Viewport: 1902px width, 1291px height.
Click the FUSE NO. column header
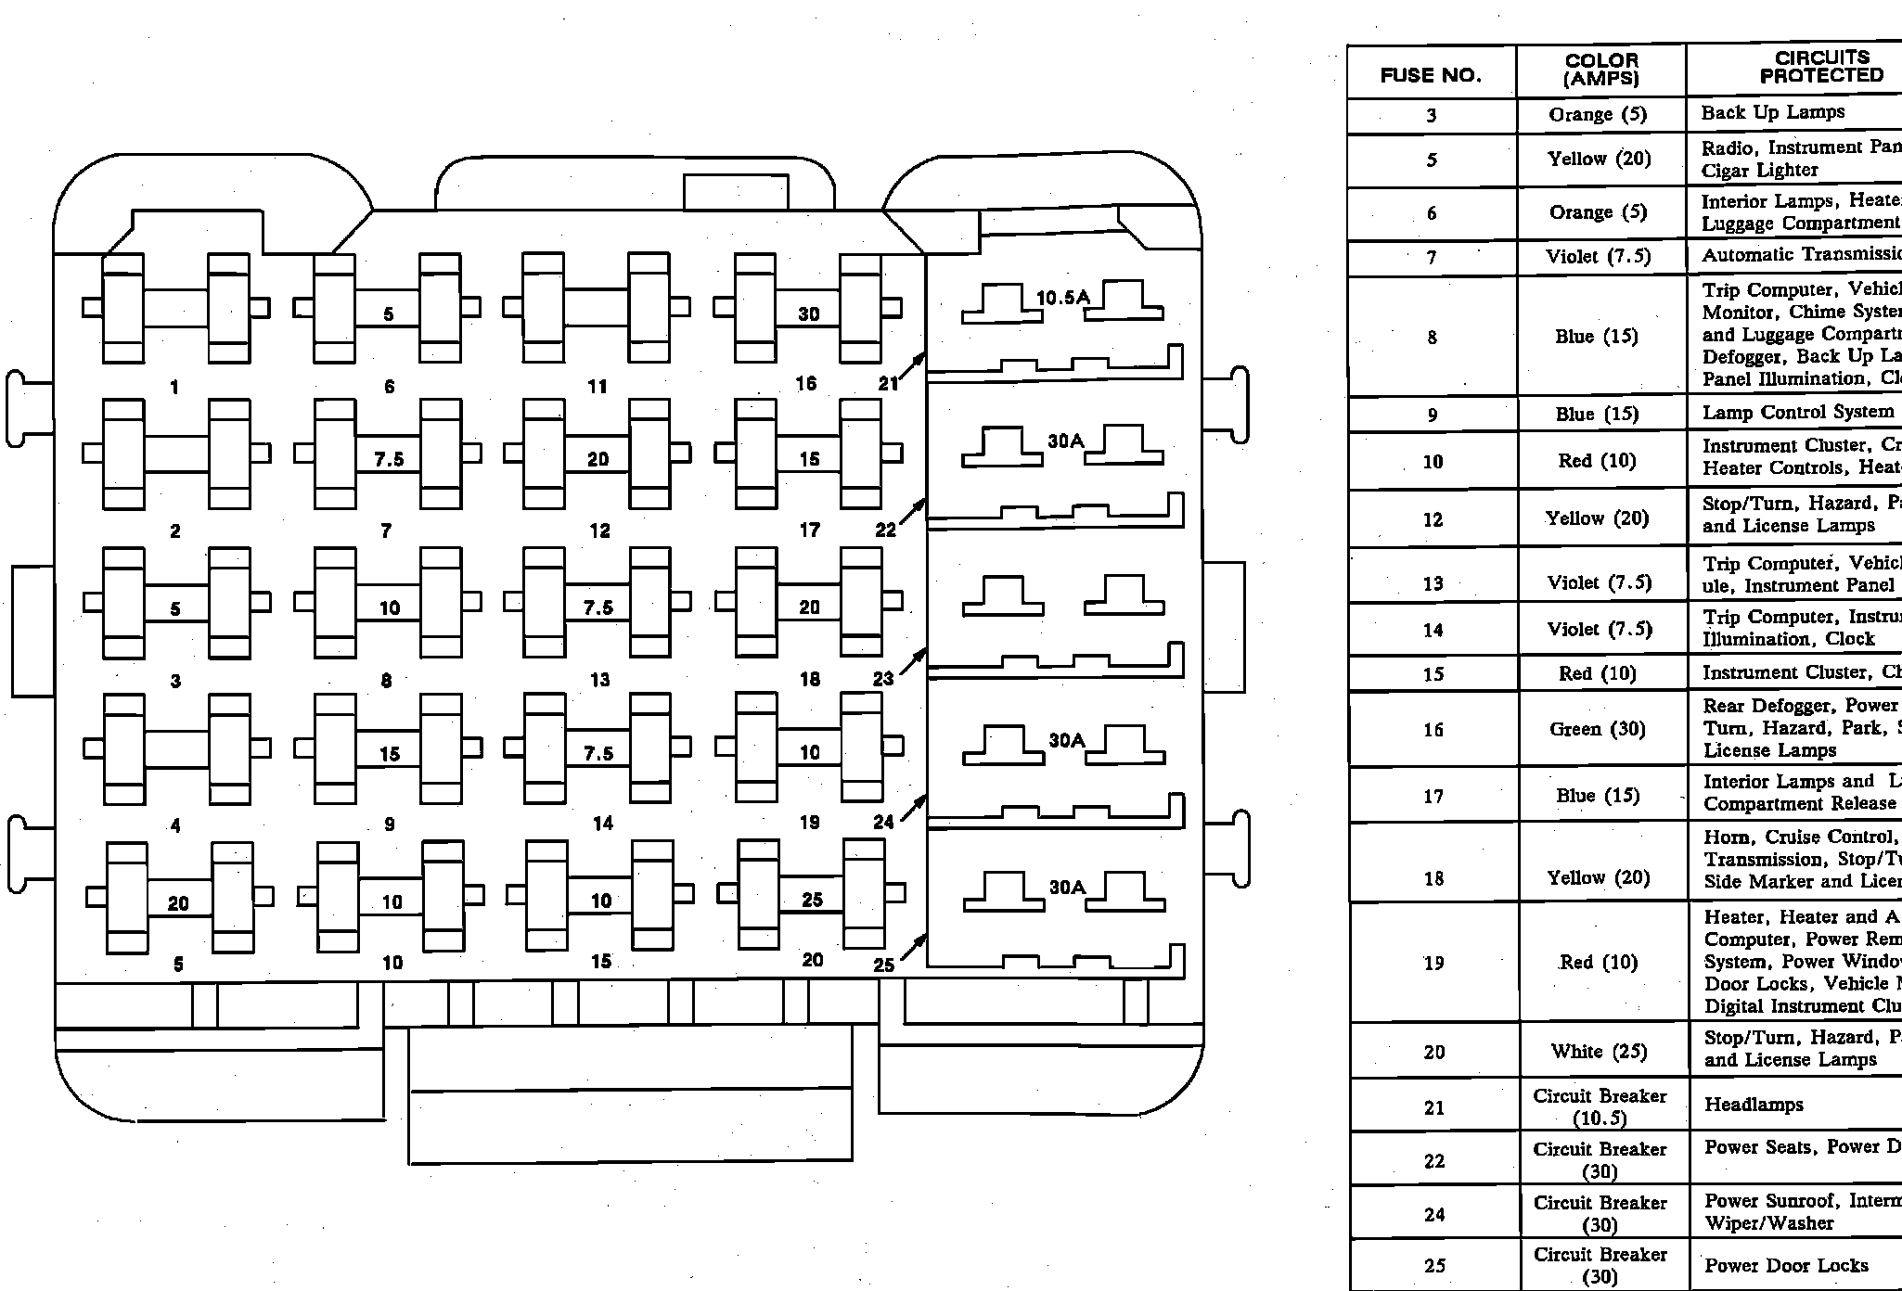click(1431, 76)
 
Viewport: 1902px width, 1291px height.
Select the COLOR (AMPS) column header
click(1601, 70)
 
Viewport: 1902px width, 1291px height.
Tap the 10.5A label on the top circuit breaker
click(1062, 298)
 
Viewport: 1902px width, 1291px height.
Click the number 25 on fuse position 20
click(812, 900)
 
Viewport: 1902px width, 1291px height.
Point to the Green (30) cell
click(1598, 730)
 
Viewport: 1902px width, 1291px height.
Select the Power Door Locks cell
click(1786, 1266)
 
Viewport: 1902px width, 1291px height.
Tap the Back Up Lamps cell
click(1772, 112)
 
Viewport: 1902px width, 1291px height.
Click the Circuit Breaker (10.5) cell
click(1600, 1106)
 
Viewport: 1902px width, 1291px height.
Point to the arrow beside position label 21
click(914, 365)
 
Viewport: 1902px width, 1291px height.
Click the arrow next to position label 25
click(914, 948)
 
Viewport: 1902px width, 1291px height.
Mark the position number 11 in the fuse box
click(598, 387)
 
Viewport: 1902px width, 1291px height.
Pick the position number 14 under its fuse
click(603, 823)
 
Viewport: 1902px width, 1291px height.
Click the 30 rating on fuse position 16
click(809, 314)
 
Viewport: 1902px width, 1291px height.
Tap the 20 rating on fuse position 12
click(598, 459)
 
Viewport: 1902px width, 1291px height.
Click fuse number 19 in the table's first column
click(1433, 964)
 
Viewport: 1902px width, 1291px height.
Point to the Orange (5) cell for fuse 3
click(1598, 115)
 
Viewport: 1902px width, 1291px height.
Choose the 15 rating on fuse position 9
click(390, 754)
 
